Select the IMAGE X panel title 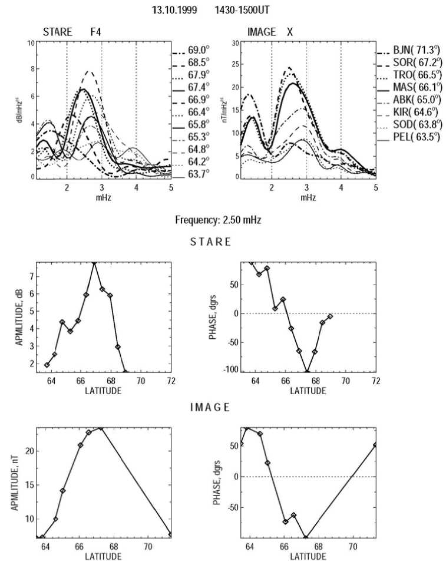pyautogui.click(x=272, y=32)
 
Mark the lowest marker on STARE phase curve pyautogui.click(x=307, y=371)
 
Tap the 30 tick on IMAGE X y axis pyautogui.click(x=236, y=43)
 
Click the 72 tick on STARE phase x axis pyautogui.click(x=375, y=382)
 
